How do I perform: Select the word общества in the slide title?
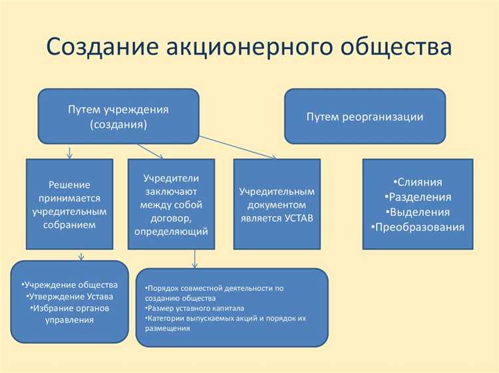coord(393,48)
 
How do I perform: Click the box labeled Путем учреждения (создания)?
coord(118,116)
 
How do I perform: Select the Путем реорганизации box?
coord(365,116)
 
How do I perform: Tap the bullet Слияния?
coord(417,182)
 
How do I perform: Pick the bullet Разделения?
coord(417,197)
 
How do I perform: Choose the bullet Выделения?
coord(417,213)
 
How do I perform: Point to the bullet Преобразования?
coord(417,227)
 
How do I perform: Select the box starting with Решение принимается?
coord(69,204)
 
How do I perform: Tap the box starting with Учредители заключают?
coord(171,204)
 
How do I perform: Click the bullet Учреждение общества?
coord(70,285)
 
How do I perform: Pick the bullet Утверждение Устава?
coord(70,297)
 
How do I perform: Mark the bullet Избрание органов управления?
coord(70,314)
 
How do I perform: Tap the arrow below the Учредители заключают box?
coord(194,259)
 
